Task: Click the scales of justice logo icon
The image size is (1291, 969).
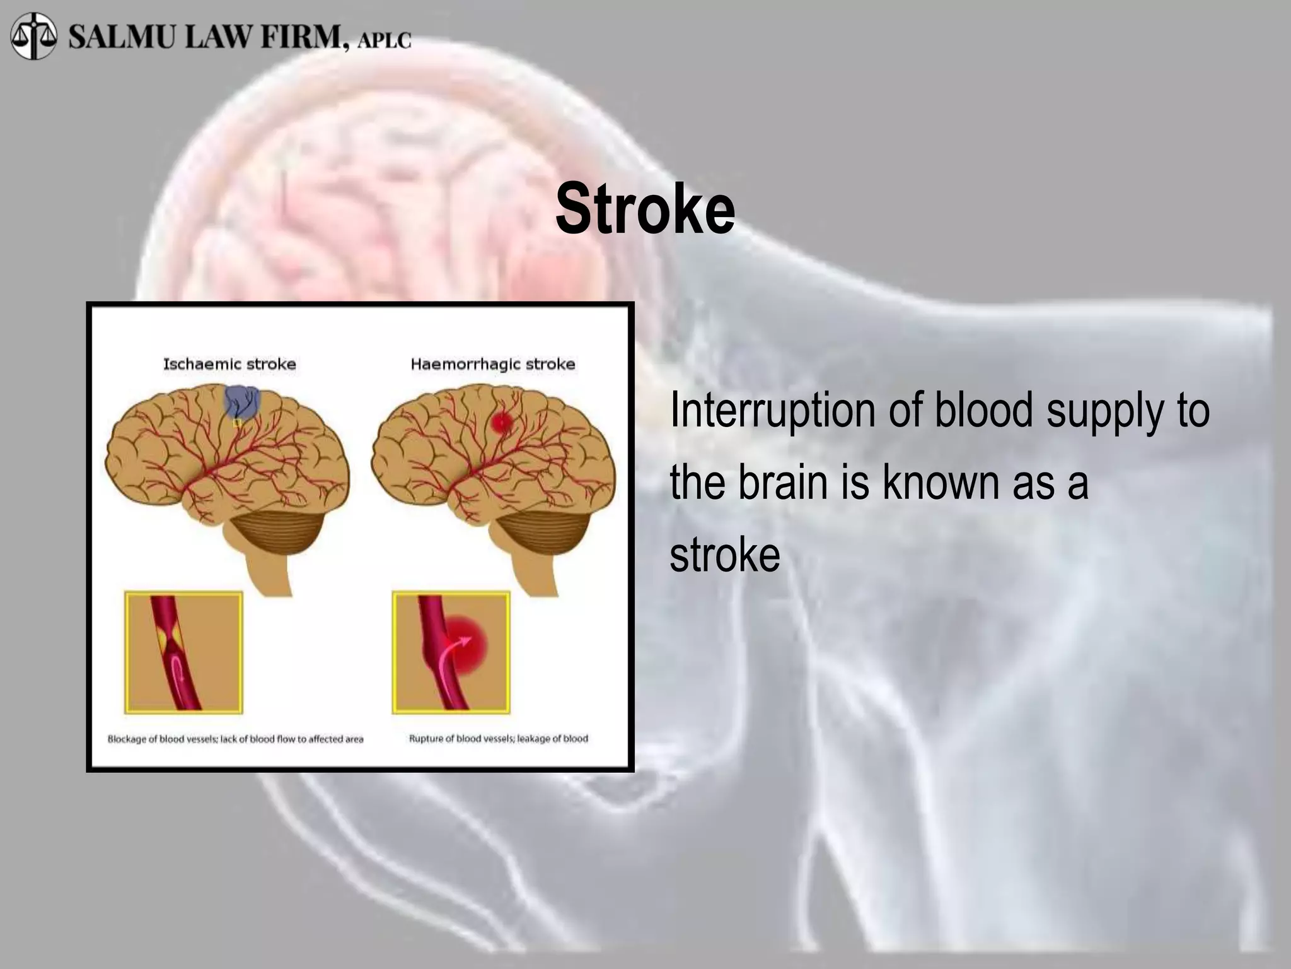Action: (x=33, y=36)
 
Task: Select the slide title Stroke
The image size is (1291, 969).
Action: (x=645, y=209)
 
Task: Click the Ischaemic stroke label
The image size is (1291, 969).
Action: (x=229, y=364)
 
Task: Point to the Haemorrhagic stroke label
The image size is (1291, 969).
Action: (x=493, y=364)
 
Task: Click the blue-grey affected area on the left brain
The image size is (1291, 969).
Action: (x=243, y=401)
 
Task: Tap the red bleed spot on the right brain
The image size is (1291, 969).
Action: (x=501, y=421)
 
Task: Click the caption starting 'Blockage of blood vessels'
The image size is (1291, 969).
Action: (x=235, y=739)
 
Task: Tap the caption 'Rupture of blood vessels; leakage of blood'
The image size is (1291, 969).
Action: (x=498, y=738)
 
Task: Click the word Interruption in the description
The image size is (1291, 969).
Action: (x=773, y=410)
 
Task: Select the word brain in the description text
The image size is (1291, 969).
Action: (x=782, y=483)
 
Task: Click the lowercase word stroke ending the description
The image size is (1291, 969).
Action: (x=725, y=555)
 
